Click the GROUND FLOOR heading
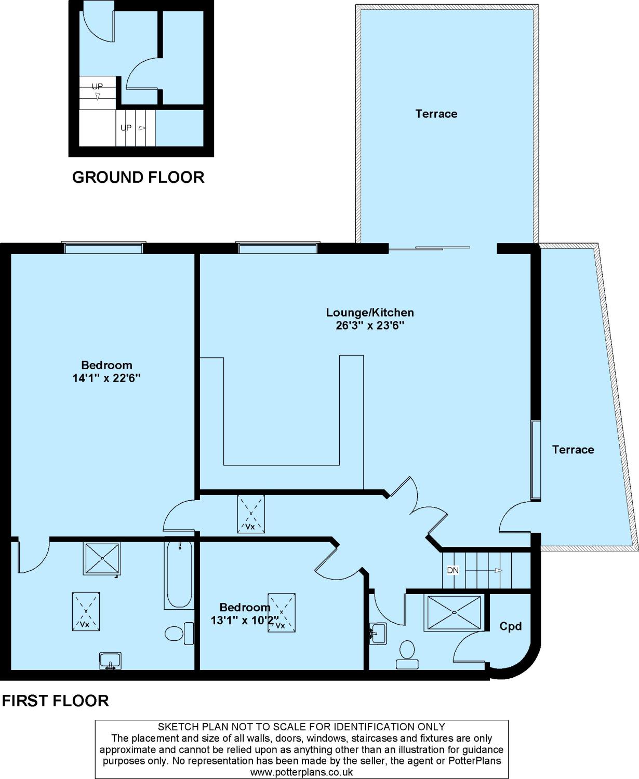(x=138, y=177)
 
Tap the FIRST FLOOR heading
(x=56, y=701)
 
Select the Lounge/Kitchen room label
(x=369, y=313)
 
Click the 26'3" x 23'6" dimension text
(x=370, y=326)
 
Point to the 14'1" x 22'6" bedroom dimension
(x=107, y=378)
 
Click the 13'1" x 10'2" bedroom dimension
(x=245, y=620)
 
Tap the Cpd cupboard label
(x=510, y=626)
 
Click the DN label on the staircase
(x=452, y=570)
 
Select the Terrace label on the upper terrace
(x=436, y=114)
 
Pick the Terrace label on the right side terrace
(x=573, y=450)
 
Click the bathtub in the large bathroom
(x=179, y=574)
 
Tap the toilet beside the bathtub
(x=179, y=634)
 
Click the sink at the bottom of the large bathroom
(x=110, y=661)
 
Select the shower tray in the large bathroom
(x=102, y=559)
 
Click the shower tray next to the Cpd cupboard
(x=454, y=612)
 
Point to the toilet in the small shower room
(x=407, y=654)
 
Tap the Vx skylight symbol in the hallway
(x=251, y=514)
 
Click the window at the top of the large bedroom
(x=103, y=247)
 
